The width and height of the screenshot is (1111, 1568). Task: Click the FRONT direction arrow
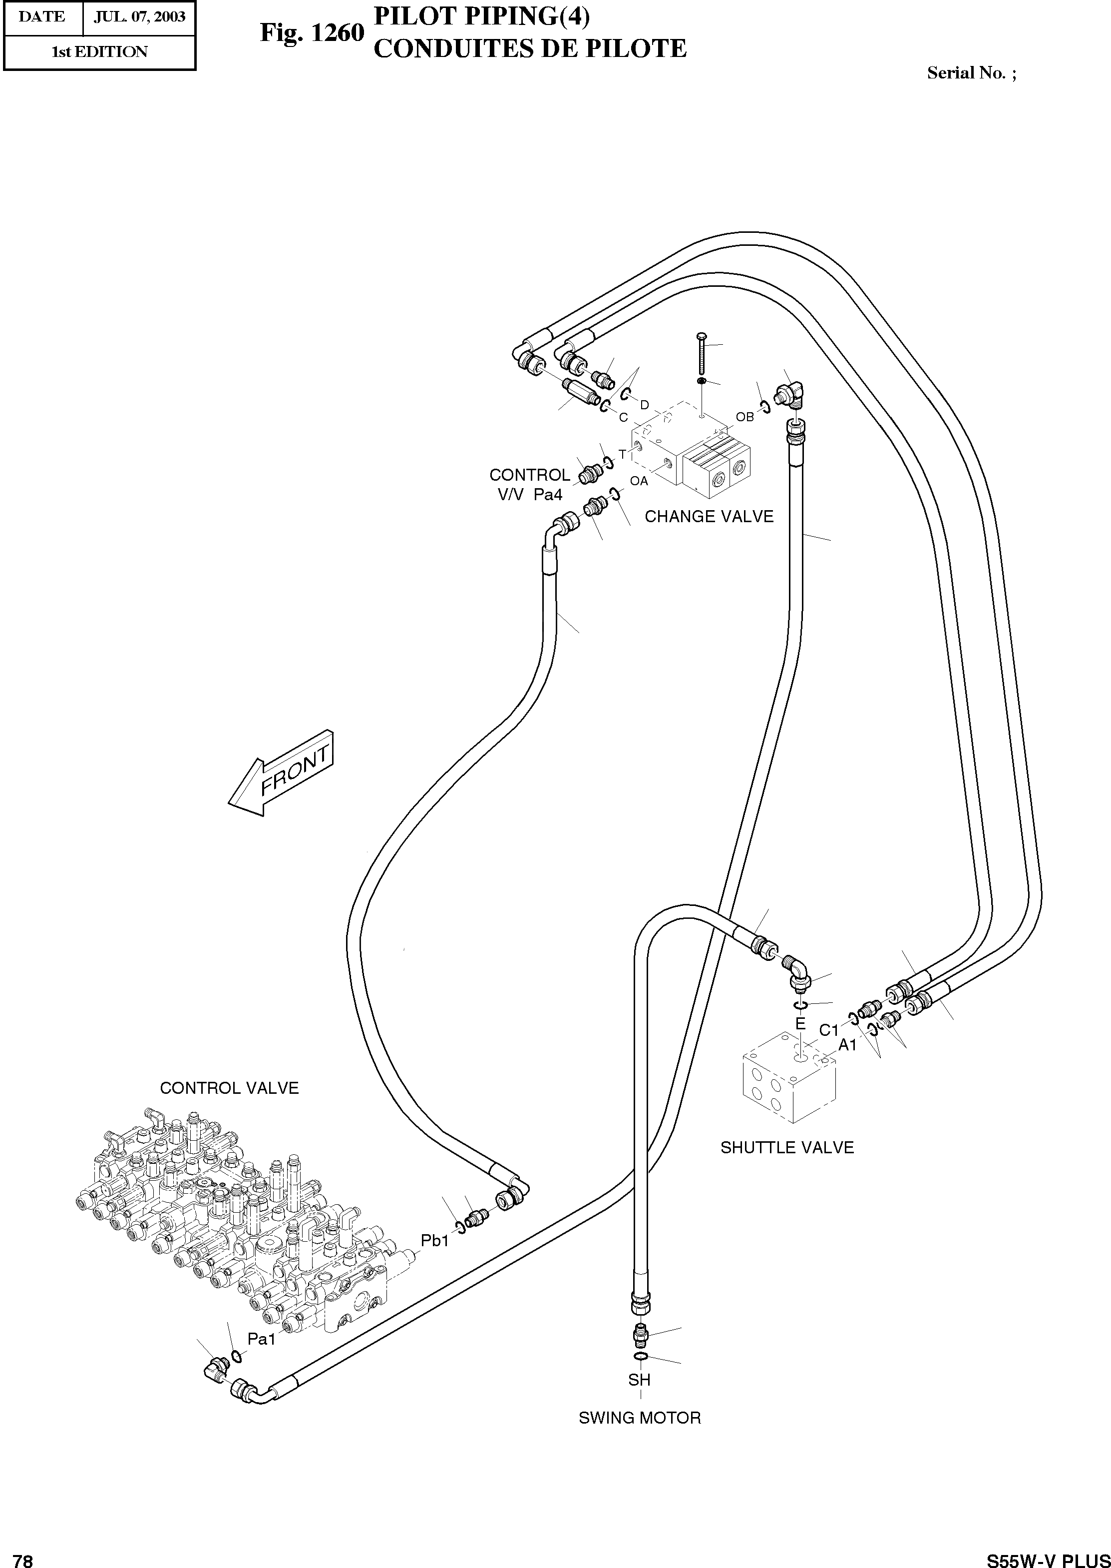tap(282, 774)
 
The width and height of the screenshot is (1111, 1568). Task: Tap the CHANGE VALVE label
tap(709, 517)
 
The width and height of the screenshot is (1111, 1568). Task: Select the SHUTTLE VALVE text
tap(787, 1148)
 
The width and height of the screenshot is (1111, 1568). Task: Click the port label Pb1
tap(434, 1240)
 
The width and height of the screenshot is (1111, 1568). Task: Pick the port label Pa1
tap(261, 1340)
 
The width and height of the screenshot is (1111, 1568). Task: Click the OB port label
tap(744, 417)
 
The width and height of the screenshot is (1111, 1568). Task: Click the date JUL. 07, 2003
tap(139, 16)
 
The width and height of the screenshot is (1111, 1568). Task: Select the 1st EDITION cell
tap(100, 52)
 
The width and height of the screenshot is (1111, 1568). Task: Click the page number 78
tap(23, 1556)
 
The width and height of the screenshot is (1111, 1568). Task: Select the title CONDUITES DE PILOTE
tap(529, 48)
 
